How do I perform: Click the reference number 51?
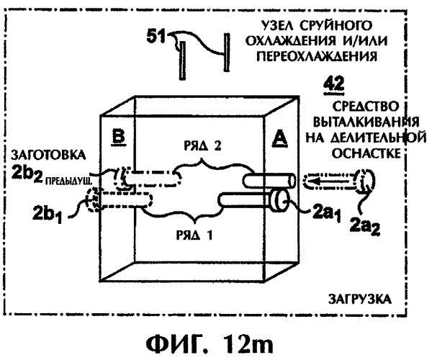coord(156,37)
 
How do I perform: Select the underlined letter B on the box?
coord(119,137)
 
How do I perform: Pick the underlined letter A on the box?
coord(279,138)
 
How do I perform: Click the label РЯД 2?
coord(202,146)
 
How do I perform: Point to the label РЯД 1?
coord(194,235)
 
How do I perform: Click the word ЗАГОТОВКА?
coord(48,156)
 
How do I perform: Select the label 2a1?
coord(326,213)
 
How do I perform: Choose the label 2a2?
coord(365,226)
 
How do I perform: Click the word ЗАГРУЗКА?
coord(359,299)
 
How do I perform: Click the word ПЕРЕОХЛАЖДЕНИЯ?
coord(317,56)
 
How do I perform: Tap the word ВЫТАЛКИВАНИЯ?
coord(366,122)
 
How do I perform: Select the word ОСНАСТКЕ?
coord(366,153)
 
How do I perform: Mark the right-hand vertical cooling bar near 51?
coord(227,53)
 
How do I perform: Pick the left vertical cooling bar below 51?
coord(182,60)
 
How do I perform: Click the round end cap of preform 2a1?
coord(279,202)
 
